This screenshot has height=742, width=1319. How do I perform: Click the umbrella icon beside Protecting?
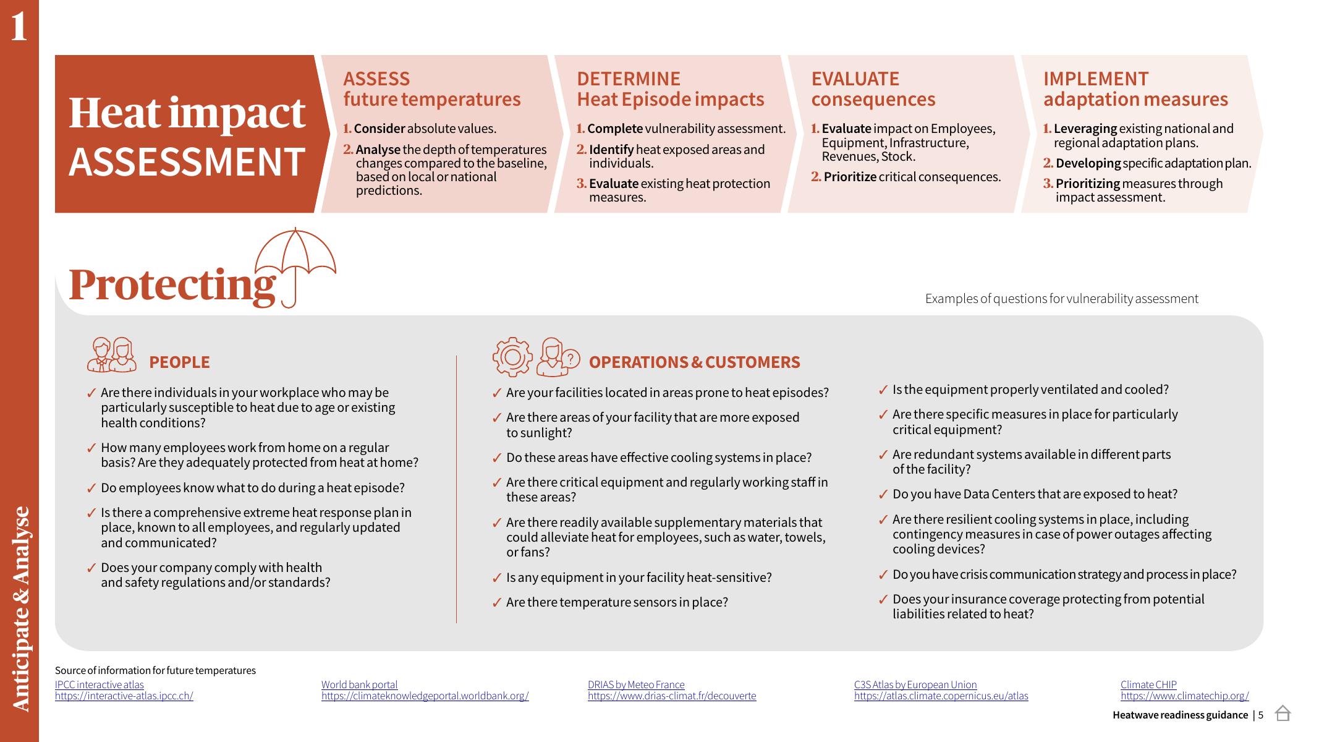[x=295, y=266]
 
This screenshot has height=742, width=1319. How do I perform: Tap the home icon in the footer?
[x=1283, y=714]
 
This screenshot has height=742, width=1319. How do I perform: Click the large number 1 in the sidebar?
[x=19, y=27]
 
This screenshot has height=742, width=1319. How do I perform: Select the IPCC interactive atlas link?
[x=99, y=684]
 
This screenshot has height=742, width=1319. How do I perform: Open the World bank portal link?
[x=359, y=684]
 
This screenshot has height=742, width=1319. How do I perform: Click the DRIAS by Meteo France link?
[x=636, y=684]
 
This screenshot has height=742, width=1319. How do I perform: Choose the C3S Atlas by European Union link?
[x=915, y=684]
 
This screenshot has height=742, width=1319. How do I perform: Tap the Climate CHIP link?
[x=1148, y=684]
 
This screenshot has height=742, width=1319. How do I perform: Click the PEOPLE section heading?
[x=179, y=362]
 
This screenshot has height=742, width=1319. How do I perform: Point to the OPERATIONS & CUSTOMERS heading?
[x=694, y=362]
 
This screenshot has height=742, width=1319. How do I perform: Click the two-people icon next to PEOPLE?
[x=112, y=355]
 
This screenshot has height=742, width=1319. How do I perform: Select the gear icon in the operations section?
[x=512, y=357]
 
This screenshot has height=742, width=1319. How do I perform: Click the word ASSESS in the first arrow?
[x=376, y=79]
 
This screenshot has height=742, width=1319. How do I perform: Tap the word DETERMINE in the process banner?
[x=628, y=79]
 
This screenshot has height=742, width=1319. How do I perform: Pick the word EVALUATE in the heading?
[x=855, y=79]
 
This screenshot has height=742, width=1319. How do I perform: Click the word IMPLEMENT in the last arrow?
[x=1096, y=79]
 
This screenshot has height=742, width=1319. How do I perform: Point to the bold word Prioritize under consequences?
[x=850, y=177]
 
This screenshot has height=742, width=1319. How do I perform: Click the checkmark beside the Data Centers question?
[x=883, y=495]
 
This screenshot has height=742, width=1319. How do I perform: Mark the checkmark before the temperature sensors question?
[x=497, y=603]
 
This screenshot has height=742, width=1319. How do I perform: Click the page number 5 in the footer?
[x=1261, y=715]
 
